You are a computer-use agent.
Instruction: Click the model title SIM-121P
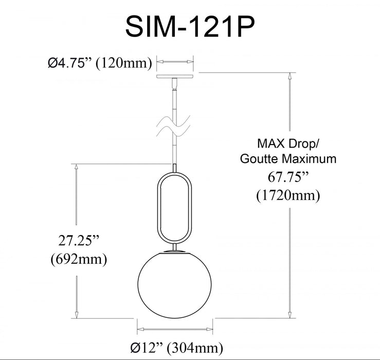[190, 26]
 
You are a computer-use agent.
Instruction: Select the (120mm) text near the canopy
[124, 63]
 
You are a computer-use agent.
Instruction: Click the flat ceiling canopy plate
[175, 77]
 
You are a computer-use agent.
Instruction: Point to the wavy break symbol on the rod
[173, 127]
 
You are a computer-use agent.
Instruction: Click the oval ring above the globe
[158, 208]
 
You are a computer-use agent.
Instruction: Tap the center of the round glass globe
[174, 284]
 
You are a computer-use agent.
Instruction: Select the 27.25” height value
[79, 241]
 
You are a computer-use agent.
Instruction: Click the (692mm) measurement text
[79, 259]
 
